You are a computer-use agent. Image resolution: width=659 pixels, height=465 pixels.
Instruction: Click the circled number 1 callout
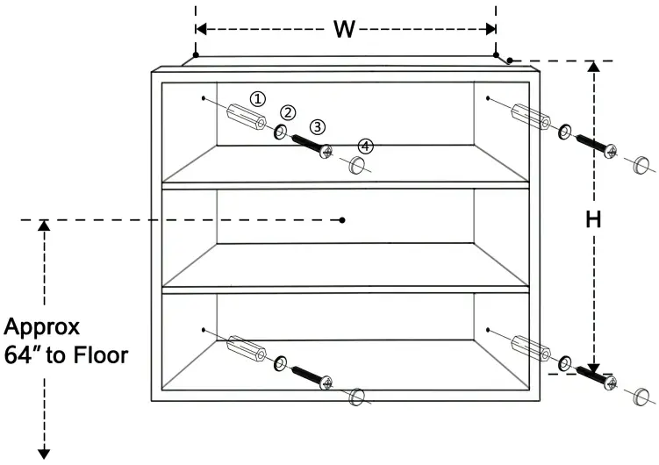coord(257,99)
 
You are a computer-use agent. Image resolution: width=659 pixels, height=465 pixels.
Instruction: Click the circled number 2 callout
coord(289,112)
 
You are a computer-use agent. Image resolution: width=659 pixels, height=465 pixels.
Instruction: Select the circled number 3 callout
coord(318,126)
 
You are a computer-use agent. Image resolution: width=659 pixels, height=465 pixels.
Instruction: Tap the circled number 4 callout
coord(365,146)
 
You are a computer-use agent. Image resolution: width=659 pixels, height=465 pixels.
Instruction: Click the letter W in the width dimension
coord(345,30)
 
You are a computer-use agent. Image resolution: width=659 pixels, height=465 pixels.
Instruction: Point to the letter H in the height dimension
coord(594,221)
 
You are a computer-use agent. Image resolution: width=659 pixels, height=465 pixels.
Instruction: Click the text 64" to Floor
coord(67,356)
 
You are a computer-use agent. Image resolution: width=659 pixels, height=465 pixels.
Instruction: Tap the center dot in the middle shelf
coord(343,219)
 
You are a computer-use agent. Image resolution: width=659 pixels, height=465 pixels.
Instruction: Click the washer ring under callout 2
coord(280,132)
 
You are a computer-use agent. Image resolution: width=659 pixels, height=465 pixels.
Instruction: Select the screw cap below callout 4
coord(355,165)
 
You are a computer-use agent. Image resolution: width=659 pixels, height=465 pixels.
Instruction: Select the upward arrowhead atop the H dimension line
coord(594,67)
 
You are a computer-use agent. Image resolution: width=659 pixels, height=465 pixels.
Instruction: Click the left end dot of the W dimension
coord(196,55)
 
